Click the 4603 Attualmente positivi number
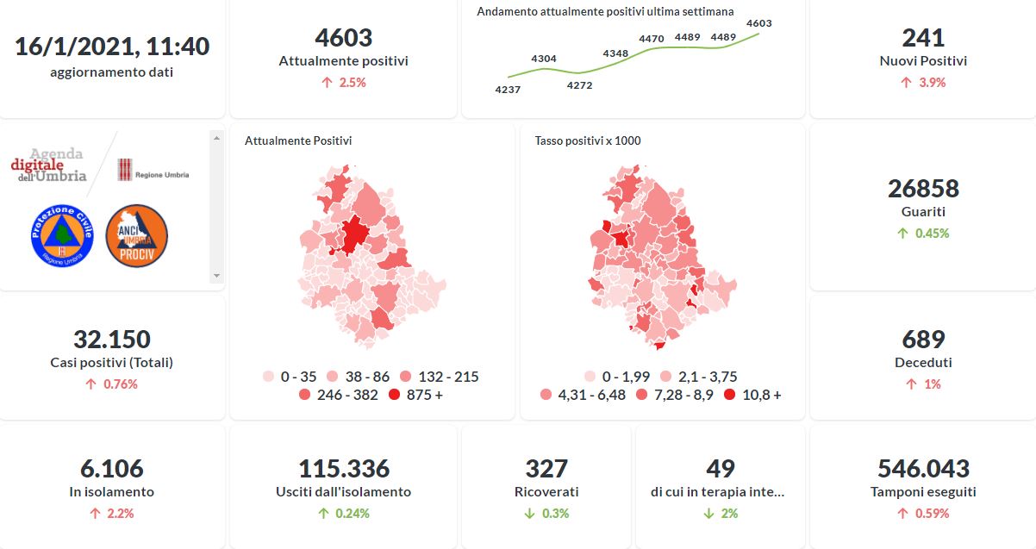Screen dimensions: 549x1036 tap(343, 38)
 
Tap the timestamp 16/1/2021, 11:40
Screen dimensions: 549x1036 tap(112, 47)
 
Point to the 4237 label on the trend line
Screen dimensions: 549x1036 tap(508, 90)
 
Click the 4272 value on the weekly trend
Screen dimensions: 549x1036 tap(579, 85)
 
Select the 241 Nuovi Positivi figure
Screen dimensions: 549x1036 tap(923, 38)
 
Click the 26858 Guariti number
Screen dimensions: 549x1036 tap(923, 188)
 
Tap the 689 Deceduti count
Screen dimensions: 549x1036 tap(923, 340)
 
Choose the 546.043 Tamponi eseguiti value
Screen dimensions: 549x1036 tap(923, 469)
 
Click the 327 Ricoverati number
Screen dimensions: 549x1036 tap(546, 469)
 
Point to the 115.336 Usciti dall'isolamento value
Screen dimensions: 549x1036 tap(343, 469)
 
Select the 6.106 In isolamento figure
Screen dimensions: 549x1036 tap(112, 469)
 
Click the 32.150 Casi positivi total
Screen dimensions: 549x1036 tap(112, 340)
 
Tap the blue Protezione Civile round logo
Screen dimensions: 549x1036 tap(62, 235)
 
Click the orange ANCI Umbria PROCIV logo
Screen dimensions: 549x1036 tap(136, 235)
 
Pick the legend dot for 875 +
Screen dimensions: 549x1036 tap(395, 395)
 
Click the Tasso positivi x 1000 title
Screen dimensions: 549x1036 tap(588, 140)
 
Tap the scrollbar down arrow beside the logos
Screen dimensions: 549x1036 tap(216, 276)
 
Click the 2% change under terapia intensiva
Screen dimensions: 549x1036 tap(721, 514)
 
